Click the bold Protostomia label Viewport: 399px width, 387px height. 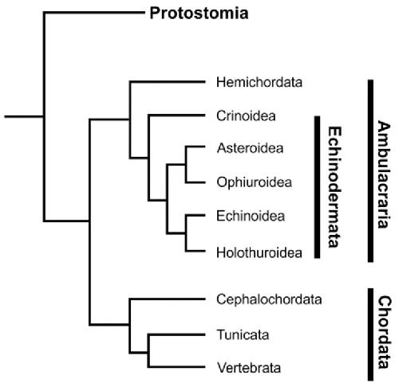[199, 13]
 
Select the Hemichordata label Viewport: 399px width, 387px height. [259, 82]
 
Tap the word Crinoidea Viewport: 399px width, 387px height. [246, 116]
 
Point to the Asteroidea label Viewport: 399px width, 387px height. [250, 148]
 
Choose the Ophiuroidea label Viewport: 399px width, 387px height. [255, 182]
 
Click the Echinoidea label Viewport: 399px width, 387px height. [251, 216]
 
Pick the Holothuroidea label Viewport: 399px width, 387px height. [259, 252]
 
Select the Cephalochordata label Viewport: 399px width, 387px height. [269, 299]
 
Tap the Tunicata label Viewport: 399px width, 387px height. [243, 334]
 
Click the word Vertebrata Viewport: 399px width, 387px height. [249, 368]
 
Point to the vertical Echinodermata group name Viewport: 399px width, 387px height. [334, 187]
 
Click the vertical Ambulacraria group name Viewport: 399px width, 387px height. [384, 174]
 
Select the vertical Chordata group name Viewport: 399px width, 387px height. [385, 332]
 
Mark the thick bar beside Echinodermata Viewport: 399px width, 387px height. [317, 187]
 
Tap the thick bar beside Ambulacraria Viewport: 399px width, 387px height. [370, 170]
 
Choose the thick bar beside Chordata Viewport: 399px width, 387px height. [370, 334]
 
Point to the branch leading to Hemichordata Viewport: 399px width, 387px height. [167, 82]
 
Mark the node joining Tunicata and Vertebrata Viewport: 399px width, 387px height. [148, 353]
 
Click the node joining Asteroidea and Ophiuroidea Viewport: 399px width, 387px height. [186, 165]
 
